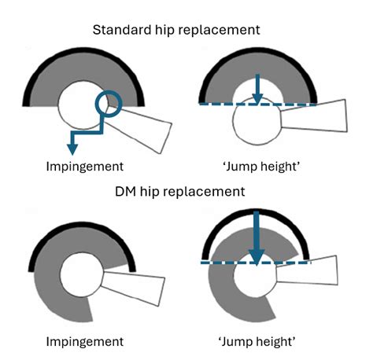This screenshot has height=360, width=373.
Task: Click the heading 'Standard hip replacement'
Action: click(x=186, y=30)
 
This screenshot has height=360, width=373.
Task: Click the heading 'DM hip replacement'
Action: click(x=186, y=191)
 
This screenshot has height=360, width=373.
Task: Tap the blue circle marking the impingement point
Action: click(x=109, y=103)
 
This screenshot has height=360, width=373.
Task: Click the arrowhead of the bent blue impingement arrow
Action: click(x=72, y=149)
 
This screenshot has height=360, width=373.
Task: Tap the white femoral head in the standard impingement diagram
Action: click(x=79, y=110)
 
